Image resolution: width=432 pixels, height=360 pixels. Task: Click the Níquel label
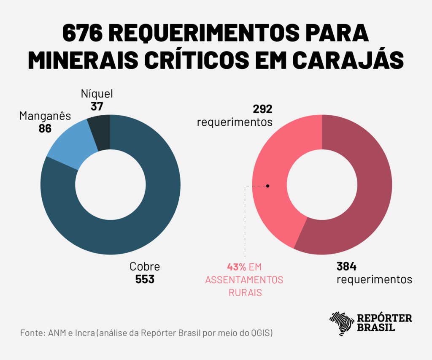click(97, 94)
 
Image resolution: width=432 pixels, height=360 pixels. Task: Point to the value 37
click(97, 106)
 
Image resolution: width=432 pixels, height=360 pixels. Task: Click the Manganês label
click(45, 116)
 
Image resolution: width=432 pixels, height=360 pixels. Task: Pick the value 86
click(45, 128)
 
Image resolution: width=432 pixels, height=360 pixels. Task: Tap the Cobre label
click(145, 267)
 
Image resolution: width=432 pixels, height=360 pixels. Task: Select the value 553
click(145, 279)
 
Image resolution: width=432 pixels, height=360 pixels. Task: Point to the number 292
click(263, 109)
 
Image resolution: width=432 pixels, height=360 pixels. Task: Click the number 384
click(346, 267)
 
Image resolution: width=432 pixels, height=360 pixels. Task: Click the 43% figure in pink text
click(236, 267)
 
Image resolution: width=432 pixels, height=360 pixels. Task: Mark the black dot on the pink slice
click(267, 186)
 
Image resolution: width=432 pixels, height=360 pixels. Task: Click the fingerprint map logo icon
click(341, 323)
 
